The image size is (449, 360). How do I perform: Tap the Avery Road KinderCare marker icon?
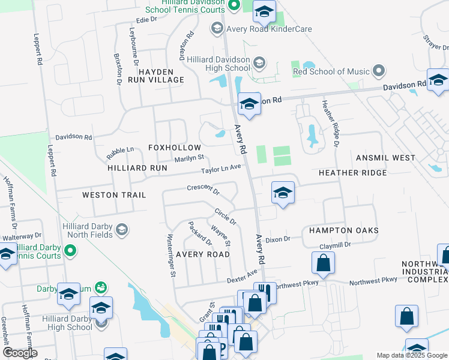pos(216,28)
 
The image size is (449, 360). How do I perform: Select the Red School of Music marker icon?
pos(378,72)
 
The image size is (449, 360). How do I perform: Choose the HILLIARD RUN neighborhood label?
pos(137,169)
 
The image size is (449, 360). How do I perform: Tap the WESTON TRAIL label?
pos(113,195)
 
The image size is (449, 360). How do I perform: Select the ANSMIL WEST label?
pos(385,158)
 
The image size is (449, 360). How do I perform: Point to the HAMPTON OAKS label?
pos(343,230)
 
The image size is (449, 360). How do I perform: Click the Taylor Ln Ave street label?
pos(221,170)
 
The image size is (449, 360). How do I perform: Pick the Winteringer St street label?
pos(171,255)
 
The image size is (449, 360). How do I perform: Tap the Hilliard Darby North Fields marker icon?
pos(122,230)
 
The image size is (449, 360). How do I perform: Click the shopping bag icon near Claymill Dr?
pos(323,262)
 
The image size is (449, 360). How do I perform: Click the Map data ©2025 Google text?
pos(412,355)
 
